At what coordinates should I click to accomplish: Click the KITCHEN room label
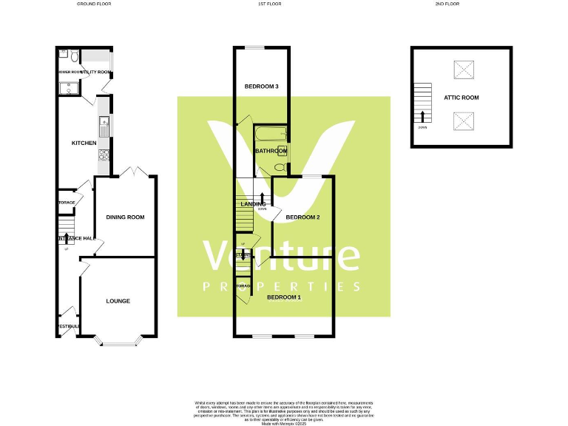[84, 143]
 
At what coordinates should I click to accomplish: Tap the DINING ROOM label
[125, 217]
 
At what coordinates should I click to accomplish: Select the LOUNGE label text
[118, 301]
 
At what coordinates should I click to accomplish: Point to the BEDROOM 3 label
[262, 87]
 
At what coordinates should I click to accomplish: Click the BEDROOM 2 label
[302, 217]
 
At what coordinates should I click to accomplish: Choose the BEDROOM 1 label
[284, 297]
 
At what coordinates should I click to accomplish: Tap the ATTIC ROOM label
[461, 97]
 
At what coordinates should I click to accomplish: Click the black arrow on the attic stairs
[422, 115]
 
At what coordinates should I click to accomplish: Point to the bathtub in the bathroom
[269, 135]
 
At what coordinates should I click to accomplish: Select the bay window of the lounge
[118, 341]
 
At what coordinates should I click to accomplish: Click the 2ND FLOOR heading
[448, 4]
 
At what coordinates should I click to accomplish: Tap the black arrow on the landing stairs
[263, 198]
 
